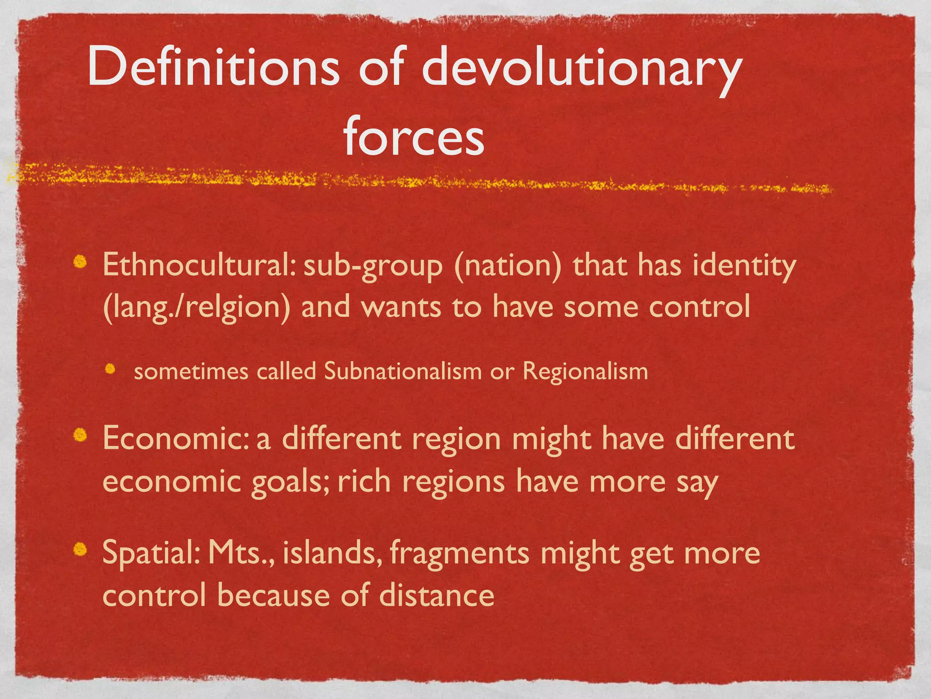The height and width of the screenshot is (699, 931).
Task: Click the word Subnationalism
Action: (403, 371)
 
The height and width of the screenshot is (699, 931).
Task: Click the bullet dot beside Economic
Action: (81, 436)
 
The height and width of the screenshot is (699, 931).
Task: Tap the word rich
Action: (364, 481)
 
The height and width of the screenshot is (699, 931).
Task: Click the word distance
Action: (436, 596)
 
